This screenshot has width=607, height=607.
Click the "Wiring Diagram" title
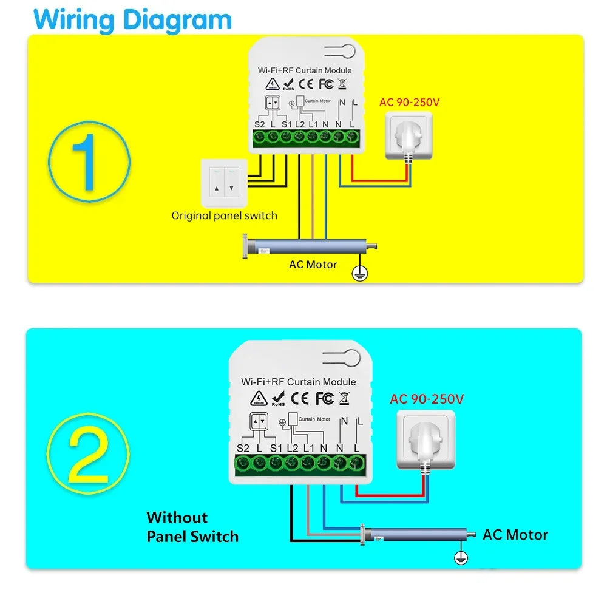pyautogui.click(x=132, y=19)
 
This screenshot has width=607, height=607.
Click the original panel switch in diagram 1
pyautogui.click(x=223, y=181)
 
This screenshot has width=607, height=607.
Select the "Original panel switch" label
pyautogui.click(x=224, y=215)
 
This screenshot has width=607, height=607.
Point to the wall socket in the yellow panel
pyautogui.click(x=409, y=137)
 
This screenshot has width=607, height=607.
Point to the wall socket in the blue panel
pyautogui.click(x=426, y=439)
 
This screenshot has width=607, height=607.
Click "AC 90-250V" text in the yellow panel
pyautogui.click(x=409, y=101)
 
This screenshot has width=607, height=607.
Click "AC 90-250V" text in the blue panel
pyautogui.click(x=427, y=399)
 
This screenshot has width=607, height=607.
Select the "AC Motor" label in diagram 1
pyautogui.click(x=313, y=265)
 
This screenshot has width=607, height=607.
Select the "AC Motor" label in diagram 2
pyautogui.click(x=515, y=535)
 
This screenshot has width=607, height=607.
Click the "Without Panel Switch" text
pyautogui.click(x=192, y=527)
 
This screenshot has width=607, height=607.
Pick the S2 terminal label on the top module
pyautogui.click(x=259, y=124)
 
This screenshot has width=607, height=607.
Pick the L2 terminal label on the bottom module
pyautogui.click(x=292, y=448)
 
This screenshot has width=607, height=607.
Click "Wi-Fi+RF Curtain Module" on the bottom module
pyautogui.click(x=299, y=382)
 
